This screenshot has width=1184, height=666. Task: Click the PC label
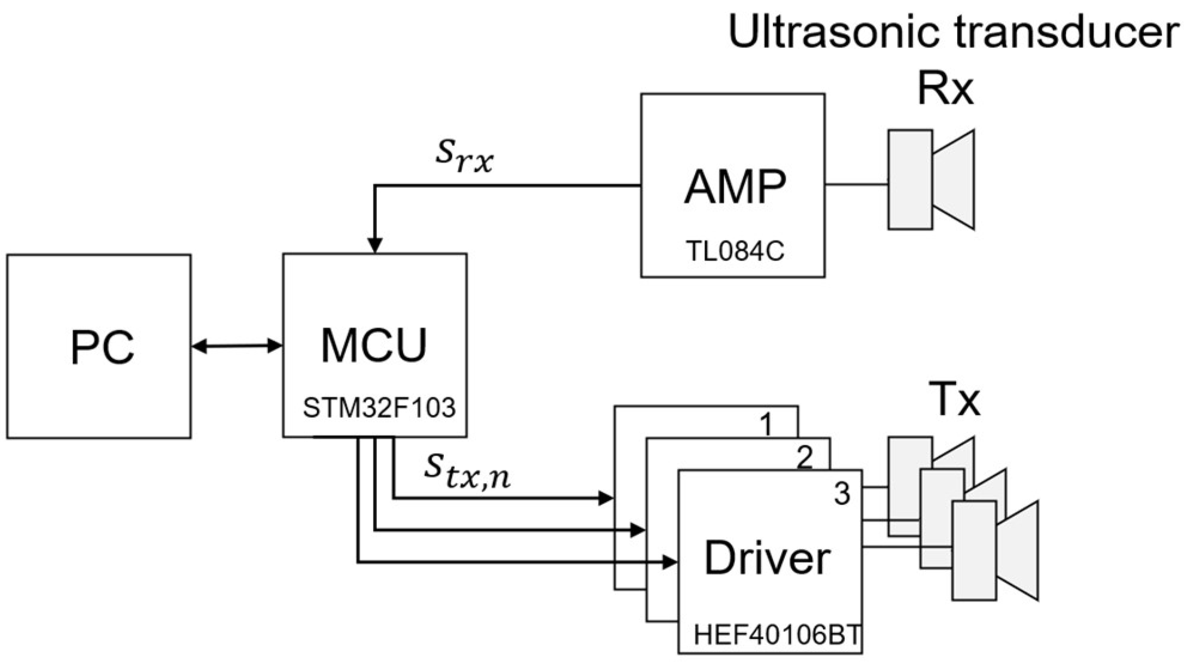pos(102,347)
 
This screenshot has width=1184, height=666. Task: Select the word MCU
pos(374,345)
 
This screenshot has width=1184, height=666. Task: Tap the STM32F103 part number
pos(379,408)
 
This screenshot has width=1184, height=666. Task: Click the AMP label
pos(735,187)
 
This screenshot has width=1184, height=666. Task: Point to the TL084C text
pos(735,251)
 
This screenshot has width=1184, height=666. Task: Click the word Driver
pos(768,558)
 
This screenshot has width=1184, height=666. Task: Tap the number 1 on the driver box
pos(766,425)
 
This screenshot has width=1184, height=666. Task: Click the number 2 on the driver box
pos(805,458)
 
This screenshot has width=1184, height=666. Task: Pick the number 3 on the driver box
pos(842,494)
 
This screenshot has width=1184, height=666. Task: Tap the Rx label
pos(945,90)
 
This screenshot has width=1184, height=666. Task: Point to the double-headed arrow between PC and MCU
pos(237,346)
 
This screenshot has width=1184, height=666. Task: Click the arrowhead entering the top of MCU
pos(375,245)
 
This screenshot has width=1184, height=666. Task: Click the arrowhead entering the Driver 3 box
pos(670,562)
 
